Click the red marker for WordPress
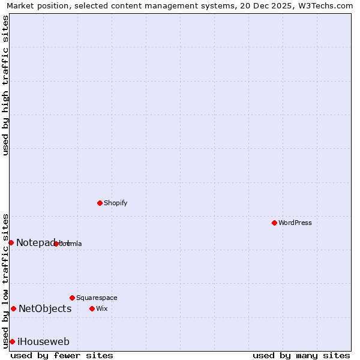point(274,223)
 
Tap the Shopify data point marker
point(100,203)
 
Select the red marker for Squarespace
point(72,298)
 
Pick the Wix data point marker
point(92,308)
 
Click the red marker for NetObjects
point(13,308)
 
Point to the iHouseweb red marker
point(12,341)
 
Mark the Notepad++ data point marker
point(11,242)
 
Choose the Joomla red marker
point(56,244)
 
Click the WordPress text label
point(295,223)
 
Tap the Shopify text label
point(116,203)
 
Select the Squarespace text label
point(97,298)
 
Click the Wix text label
point(101,308)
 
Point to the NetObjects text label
point(45,308)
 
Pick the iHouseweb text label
point(43,341)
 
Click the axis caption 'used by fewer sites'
point(62,355)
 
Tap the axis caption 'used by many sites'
point(301,355)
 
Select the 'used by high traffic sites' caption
point(5,85)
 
